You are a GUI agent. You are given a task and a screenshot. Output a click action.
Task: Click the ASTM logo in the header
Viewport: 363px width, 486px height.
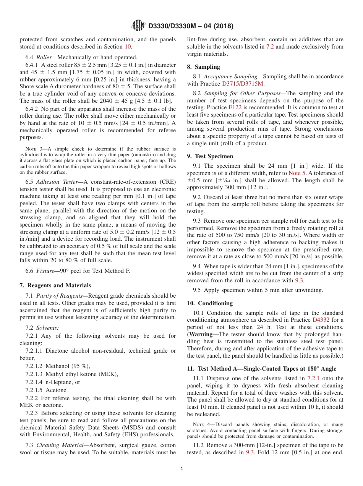[x=138, y=26]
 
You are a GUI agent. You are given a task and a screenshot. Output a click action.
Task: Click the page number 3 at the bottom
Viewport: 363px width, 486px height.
[x=181, y=469]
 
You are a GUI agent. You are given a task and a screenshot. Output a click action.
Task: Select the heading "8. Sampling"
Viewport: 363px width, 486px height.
[x=203, y=66]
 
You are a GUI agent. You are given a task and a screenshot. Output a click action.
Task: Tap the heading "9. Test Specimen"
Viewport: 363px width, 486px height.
[x=210, y=156]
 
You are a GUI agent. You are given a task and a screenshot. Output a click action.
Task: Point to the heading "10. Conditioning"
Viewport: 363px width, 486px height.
[x=210, y=303]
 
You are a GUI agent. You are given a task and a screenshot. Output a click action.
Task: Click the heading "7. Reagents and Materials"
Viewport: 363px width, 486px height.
[x=55, y=285]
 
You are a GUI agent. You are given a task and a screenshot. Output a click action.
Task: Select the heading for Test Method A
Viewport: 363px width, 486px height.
[x=261, y=369]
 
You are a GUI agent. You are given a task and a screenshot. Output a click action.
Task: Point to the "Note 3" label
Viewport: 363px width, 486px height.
[x=32, y=149]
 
